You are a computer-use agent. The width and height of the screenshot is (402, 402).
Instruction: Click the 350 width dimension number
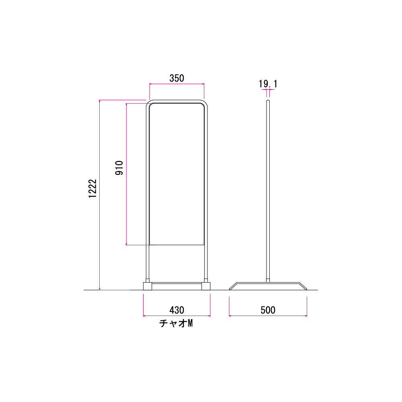click(176, 78)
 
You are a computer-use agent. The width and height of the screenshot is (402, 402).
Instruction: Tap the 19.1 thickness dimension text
click(268, 84)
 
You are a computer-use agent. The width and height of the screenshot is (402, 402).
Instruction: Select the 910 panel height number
click(119, 168)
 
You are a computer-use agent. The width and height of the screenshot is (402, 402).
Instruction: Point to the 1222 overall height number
click(92, 189)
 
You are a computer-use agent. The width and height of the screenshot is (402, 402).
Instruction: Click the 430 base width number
click(176, 310)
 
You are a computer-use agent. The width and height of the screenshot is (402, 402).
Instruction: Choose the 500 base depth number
click(268, 310)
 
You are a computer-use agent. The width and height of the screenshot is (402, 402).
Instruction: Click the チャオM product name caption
click(176, 323)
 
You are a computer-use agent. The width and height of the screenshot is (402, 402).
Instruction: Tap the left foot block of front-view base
click(148, 286)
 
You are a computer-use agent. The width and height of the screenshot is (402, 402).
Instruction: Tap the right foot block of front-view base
click(206, 286)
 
